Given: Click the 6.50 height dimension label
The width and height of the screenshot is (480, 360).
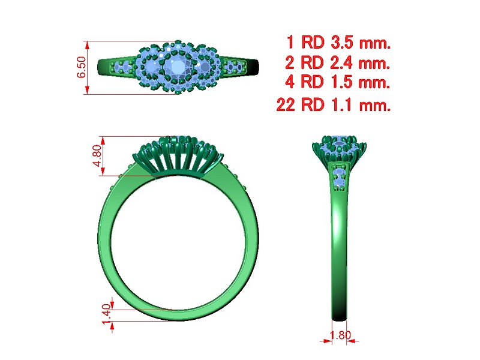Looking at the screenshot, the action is [x=81, y=67].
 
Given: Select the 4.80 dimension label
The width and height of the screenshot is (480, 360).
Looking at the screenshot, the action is [x=97, y=155].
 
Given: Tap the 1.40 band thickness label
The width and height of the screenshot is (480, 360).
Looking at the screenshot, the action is [x=106, y=314].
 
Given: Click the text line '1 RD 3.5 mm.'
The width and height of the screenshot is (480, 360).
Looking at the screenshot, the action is [x=338, y=42].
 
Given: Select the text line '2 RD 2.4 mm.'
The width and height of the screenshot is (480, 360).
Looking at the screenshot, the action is [x=337, y=63].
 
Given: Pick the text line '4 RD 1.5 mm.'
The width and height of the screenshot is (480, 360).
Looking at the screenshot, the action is [x=337, y=82].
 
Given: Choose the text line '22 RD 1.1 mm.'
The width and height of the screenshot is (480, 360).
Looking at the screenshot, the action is [x=334, y=104].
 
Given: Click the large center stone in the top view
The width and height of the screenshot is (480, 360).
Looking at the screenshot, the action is [x=176, y=67].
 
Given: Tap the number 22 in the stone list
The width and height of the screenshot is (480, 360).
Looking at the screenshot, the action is [x=286, y=104].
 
